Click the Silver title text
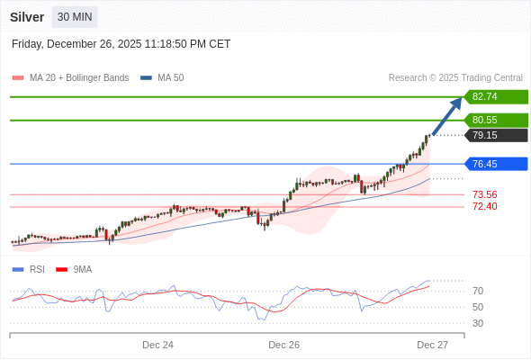27,17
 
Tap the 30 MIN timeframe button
74,17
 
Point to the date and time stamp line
121,44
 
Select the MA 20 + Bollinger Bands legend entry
70,78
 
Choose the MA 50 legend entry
163,78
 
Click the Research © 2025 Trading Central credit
455,78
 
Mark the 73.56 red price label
484,194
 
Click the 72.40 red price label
484,206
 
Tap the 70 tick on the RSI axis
478,291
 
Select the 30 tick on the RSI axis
478,323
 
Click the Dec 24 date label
157,345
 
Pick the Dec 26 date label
283,345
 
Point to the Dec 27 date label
432,345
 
